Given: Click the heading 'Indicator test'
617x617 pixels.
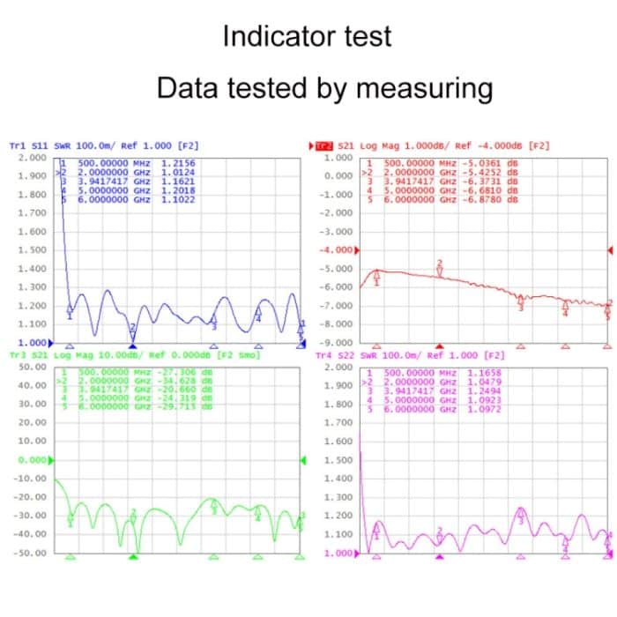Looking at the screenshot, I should click(307, 37).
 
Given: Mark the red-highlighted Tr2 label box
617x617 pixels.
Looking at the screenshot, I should click(325, 145).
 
